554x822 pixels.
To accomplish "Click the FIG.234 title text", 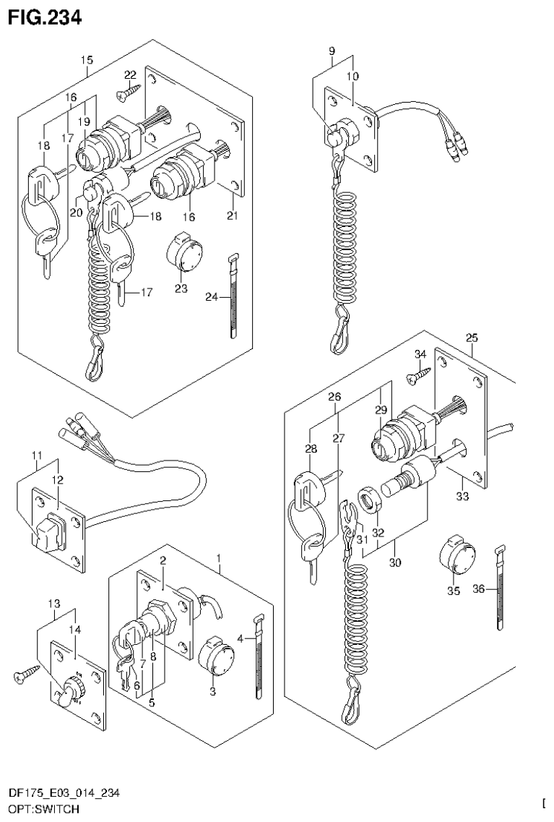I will pos(44,15).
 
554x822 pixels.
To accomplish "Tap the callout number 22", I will pos(130,75).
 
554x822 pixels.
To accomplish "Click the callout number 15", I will pos(87,60).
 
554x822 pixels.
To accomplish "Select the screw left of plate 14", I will pos(22,677).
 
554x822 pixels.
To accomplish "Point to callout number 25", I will pos(472,338).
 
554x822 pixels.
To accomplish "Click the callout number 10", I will pos(352,76).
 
